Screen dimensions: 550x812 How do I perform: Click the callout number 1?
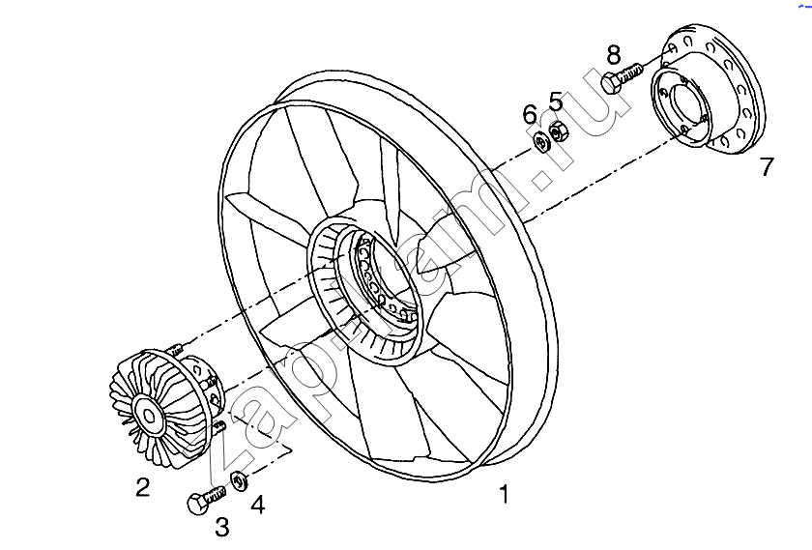tap(504, 495)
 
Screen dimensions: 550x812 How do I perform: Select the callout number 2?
tap(142, 487)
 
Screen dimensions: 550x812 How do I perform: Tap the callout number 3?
tap(221, 527)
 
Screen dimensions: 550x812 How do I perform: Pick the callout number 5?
tap(556, 101)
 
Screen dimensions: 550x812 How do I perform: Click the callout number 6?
tap(530, 115)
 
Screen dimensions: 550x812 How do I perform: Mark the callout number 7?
tap(767, 167)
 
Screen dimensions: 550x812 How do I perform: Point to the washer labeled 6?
tap(542, 143)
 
